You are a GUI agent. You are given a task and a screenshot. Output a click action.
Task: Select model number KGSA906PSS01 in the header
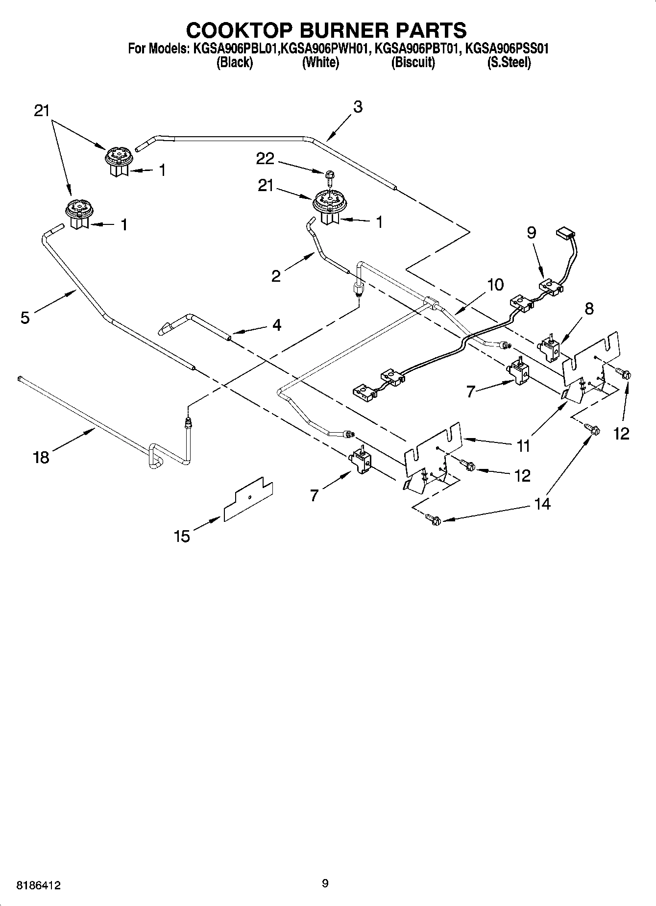click(506, 49)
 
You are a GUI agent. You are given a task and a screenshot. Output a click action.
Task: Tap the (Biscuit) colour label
click(413, 63)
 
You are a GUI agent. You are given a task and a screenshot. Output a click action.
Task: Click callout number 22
click(265, 158)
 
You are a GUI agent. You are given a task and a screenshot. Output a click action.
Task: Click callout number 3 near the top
click(358, 107)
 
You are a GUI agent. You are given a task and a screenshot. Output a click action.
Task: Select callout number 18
click(41, 458)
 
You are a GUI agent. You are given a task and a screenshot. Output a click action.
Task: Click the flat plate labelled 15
click(248, 499)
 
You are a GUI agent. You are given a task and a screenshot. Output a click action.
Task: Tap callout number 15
click(181, 536)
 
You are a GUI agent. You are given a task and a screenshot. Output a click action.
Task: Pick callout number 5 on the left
click(25, 318)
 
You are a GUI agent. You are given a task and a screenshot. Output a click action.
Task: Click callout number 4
click(277, 325)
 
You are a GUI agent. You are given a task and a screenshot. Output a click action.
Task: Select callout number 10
click(495, 285)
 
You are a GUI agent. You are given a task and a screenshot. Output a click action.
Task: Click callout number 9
click(532, 232)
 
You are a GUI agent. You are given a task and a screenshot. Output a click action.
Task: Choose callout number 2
click(276, 276)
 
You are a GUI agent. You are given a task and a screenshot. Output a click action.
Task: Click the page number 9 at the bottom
click(325, 883)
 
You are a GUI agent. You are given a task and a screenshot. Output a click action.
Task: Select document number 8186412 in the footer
click(39, 885)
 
